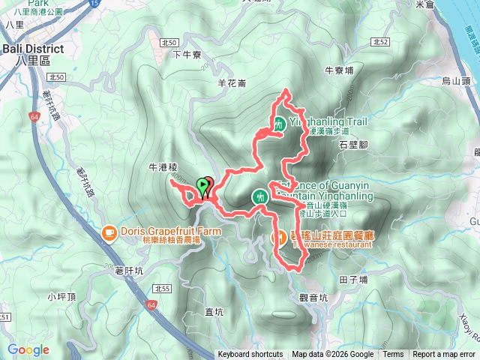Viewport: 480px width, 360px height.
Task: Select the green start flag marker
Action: (202, 185)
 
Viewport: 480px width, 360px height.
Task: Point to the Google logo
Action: (28, 349)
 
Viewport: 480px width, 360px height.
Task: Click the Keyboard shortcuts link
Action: (250, 355)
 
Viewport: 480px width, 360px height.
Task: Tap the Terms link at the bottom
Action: (393, 355)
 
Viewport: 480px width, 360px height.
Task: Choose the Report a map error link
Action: (443, 355)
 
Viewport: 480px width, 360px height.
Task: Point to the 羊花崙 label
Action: (232, 83)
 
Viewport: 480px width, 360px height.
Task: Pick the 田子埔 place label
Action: (353, 280)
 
